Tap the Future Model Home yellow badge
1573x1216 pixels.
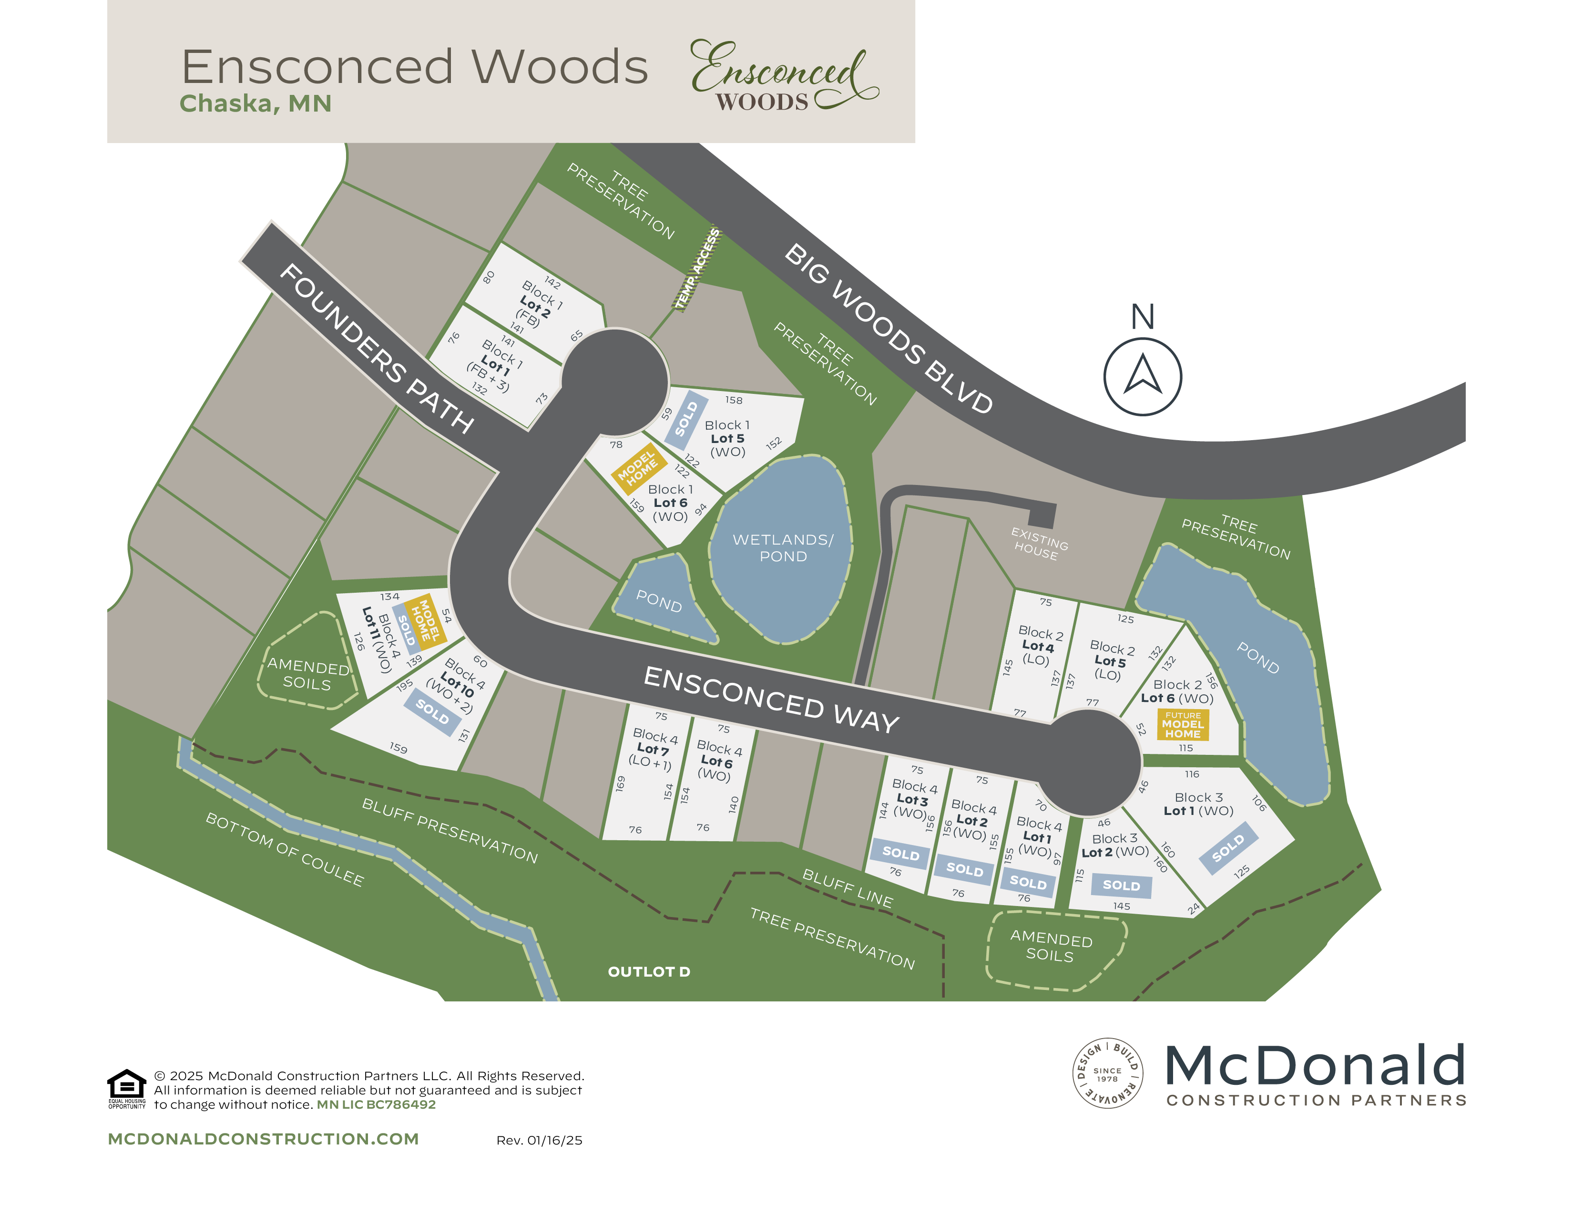tap(1183, 725)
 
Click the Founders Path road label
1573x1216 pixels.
tap(376, 349)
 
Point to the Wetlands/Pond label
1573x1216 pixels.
tap(783, 547)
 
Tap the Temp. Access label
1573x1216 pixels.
tap(697, 268)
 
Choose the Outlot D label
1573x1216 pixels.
tap(649, 972)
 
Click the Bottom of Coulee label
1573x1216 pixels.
tap(285, 849)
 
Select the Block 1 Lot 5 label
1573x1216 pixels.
tap(727, 438)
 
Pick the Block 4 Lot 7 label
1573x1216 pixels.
tap(653, 749)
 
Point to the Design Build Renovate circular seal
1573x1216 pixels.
tap(1107, 1072)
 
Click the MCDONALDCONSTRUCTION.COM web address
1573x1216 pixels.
tap(263, 1139)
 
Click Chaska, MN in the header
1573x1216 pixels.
tap(255, 104)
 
